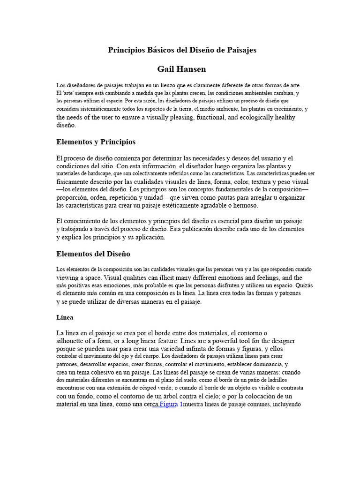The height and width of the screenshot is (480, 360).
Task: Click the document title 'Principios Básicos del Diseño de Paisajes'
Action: [182, 50]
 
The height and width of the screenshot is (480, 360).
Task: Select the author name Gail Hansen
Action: [181, 69]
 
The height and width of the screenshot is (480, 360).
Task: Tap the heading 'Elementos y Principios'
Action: [96, 142]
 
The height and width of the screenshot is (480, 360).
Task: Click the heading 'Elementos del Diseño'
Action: [93, 254]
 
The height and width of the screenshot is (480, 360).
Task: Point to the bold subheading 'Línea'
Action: [65, 317]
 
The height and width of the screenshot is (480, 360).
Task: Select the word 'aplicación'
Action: [150, 237]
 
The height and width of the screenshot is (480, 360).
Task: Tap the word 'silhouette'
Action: [72, 341]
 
